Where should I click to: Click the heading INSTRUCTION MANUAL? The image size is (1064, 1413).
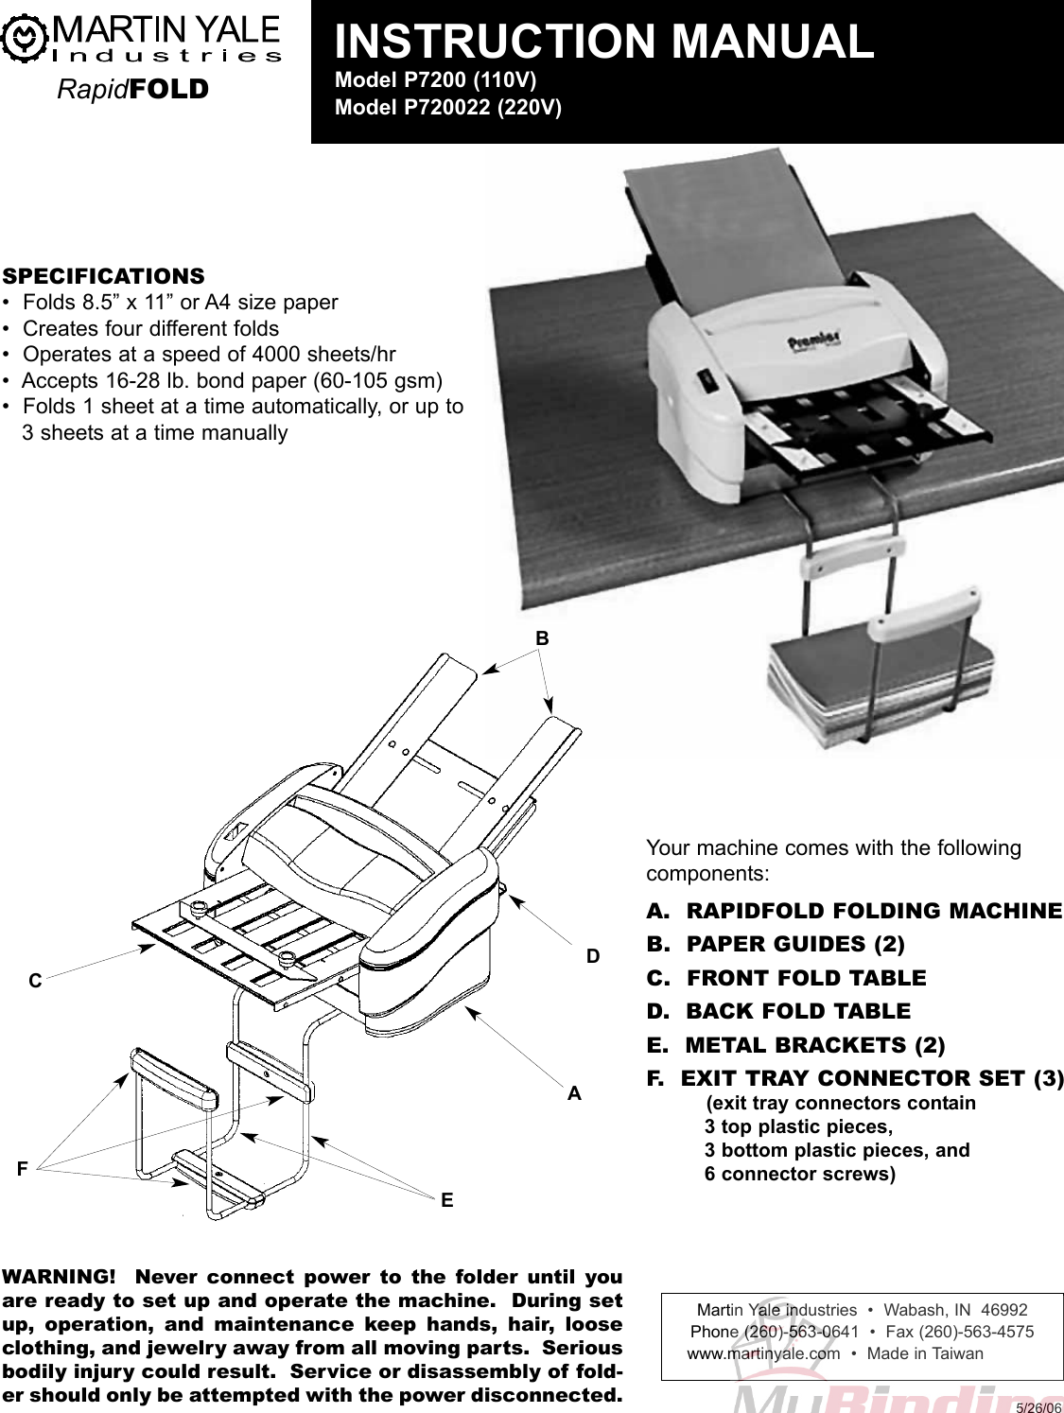pos(605,42)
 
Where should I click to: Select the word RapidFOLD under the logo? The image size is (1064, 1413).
pos(131,90)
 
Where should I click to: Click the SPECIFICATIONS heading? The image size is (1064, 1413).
pos(103,276)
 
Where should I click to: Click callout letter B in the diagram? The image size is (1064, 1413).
pos(542,638)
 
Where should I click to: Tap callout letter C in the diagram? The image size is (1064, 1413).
pos(34,982)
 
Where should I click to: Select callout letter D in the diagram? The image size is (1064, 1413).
pos(593,956)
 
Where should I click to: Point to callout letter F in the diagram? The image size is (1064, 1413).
pos(21,1169)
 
